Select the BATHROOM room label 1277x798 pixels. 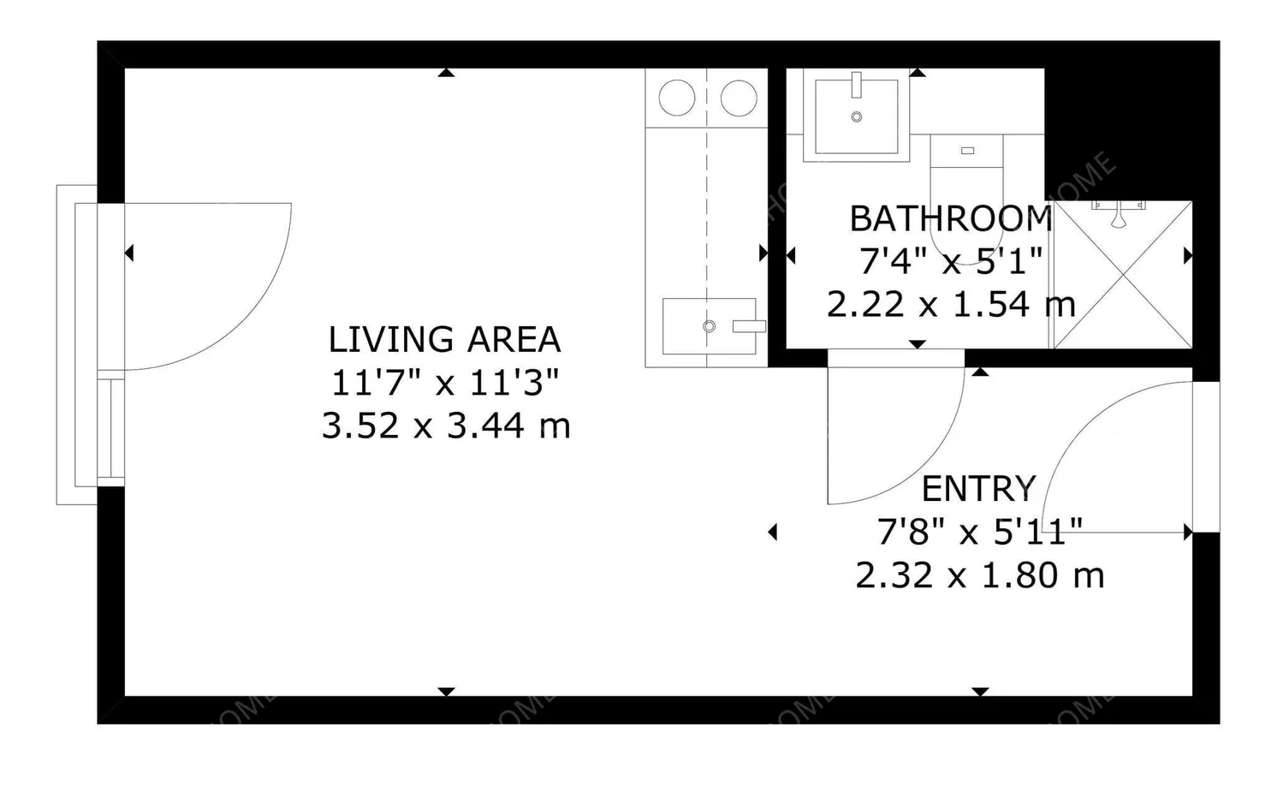click(950, 219)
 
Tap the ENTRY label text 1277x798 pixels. click(978, 489)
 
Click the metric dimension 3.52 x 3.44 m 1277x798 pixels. click(445, 426)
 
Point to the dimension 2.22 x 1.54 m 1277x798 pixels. click(950, 304)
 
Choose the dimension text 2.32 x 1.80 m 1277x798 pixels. click(979, 575)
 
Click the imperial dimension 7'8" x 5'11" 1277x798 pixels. click(979, 532)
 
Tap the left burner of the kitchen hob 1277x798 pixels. click(676, 98)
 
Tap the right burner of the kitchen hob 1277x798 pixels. click(739, 98)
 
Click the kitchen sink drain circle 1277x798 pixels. click(709, 326)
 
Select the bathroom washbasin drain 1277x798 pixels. click(856, 117)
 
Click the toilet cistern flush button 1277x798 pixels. click(967, 151)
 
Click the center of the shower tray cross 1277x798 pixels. click(1122, 275)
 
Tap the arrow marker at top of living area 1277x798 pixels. click(445, 74)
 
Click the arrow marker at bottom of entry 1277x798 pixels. click(980, 691)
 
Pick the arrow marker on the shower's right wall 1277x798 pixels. click(1187, 255)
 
